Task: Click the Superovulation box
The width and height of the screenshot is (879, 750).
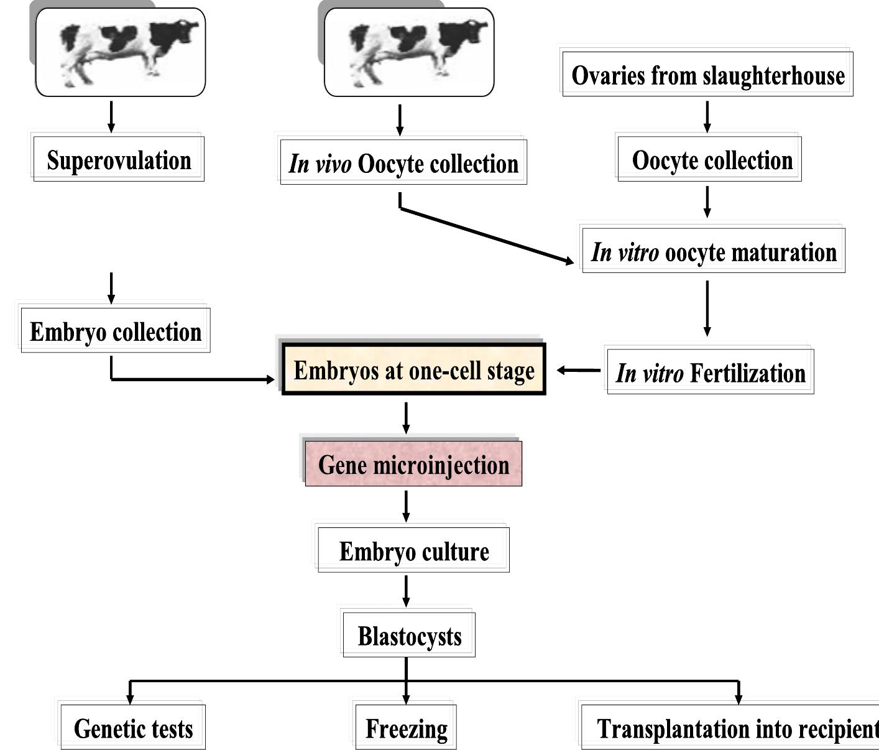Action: [118, 160]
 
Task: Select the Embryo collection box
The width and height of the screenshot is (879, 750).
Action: [116, 331]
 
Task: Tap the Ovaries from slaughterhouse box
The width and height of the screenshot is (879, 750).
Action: [707, 75]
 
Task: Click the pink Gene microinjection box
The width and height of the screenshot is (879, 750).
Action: [413, 465]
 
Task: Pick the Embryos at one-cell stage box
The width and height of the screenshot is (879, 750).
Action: [414, 370]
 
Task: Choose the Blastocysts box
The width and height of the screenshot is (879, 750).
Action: [409, 636]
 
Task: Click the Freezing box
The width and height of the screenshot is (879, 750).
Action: [406, 728]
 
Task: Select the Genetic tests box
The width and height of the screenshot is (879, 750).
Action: [133, 728]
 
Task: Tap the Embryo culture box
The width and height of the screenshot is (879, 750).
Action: [413, 551]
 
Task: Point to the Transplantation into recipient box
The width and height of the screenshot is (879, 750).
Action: [734, 728]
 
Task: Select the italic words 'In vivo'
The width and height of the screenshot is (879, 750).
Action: [320, 164]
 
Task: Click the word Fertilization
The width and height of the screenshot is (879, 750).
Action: [748, 373]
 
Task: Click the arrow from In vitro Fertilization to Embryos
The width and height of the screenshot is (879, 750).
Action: [578, 371]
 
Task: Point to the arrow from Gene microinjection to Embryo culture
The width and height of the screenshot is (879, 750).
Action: [406, 506]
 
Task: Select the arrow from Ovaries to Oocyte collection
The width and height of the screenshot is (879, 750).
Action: [707, 116]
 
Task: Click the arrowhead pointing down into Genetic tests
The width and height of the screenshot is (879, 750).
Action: [130, 698]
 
